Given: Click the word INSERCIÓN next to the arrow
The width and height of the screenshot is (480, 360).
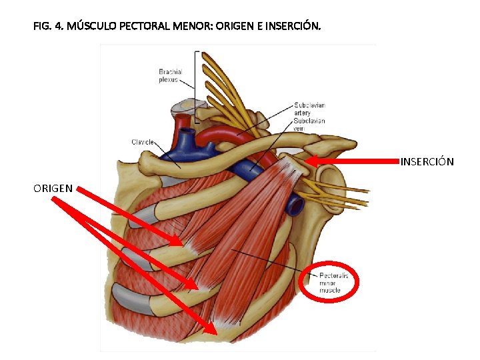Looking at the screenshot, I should pyautogui.click(x=427, y=162).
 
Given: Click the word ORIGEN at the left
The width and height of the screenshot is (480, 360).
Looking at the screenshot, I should pyautogui.click(x=53, y=189).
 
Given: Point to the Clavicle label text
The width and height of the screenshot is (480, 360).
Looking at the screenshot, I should pyautogui.click(x=143, y=142).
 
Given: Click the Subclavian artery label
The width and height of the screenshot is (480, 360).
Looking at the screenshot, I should pyautogui.click(x=303, y=109).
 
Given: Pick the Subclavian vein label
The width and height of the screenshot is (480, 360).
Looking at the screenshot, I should pyautogui.click(x=309, y=125).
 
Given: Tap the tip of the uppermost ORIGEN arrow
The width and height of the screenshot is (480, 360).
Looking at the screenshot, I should pyautogui.click(x=181, y=244).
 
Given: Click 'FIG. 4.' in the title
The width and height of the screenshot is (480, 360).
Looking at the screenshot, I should pyautogui.click(x=47, y=27).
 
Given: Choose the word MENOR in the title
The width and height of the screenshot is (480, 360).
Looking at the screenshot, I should pyautogui.click(x=201, y=27).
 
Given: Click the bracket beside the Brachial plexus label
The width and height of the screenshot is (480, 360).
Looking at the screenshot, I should pyautogui.click(x=197, y=87).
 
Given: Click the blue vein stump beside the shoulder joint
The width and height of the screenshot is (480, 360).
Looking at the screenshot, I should pyautogui.click(x=293, y=207).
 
